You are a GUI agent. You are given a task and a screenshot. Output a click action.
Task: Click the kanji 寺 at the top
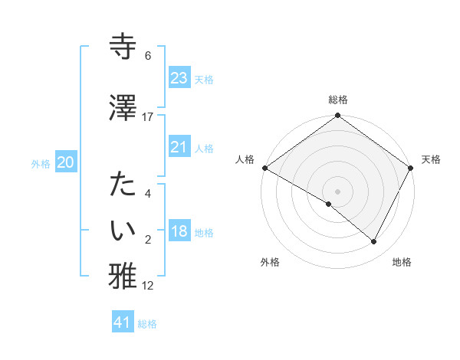click(x=123, y=46)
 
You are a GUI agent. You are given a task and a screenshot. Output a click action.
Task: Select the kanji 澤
click(x=123, y=107)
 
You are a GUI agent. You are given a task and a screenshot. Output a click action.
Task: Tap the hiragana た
click(x=123, y=184)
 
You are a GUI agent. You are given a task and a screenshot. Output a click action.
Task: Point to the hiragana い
click(x=123, y=230)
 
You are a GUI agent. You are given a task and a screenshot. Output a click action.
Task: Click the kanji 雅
click(x=123, y=276)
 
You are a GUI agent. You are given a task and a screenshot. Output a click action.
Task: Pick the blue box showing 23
click(x=179, y=77)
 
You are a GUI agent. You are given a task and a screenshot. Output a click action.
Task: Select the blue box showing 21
click(x=179, y=146)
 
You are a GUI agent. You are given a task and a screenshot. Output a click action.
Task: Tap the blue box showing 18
click(x=179, y=230)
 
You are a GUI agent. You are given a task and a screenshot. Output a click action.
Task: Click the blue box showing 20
click(x=66, y=162)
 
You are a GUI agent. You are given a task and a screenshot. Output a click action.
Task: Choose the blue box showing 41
click(x=123, y=321)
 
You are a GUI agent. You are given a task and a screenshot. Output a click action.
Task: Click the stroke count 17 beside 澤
click(x=147, y=117)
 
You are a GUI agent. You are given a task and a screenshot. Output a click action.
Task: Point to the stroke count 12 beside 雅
click(x=147, y=286)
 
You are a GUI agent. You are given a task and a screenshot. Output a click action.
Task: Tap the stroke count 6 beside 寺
click(x=148, y=55)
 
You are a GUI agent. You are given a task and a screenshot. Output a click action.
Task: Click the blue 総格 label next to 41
click(x=147, y=324)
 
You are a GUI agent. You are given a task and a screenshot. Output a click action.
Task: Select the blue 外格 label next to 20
click(x=41, y=164)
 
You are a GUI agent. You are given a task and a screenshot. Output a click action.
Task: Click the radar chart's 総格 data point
click(x=337, y=115)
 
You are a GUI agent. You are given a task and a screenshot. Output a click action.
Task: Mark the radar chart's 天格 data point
click(x=410, y=168)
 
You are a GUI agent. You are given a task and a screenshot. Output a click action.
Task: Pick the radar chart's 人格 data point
click(x=265, y=168)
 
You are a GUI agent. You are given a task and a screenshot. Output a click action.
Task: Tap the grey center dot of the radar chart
click(x=337, y=191)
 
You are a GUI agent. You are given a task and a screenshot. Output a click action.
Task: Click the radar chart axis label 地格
click(x=402, y=262)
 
